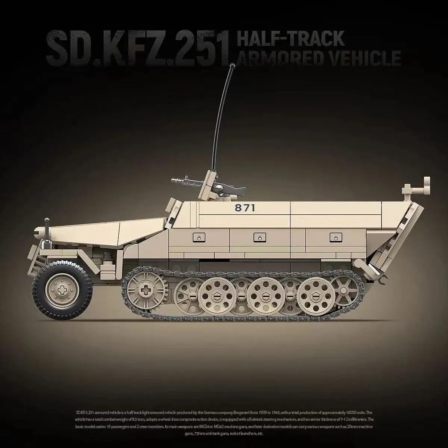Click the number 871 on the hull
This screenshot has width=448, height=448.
(x=245, y=208)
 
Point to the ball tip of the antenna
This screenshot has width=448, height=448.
(x=233, y=66)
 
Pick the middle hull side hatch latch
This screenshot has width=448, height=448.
(x=258, y=237)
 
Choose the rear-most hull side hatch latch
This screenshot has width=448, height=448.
(x=333, y=237)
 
